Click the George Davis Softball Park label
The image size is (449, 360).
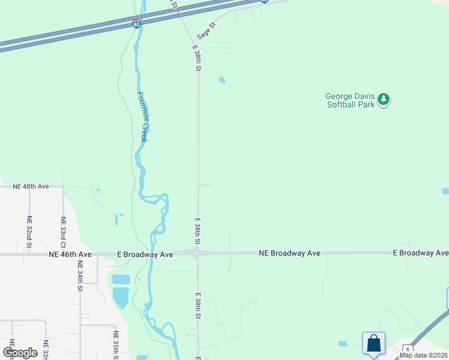(x=350, y=100)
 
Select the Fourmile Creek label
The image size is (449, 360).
(x=142, y=116)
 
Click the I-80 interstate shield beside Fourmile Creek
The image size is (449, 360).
(x=136, y=25)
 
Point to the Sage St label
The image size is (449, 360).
(x=205, y=32)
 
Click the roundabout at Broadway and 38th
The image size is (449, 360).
(x=197, y=254)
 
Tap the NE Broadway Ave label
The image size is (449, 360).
(x=289, y=253)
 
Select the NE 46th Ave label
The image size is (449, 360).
(x=70, y=254)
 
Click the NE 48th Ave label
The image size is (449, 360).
(x=31, y=187)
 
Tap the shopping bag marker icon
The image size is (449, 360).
(x=373, y=343)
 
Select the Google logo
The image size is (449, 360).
(x=20, y=353)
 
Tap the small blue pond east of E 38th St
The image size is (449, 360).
(x=221, y=80)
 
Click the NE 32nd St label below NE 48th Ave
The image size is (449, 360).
(x=29, y=232)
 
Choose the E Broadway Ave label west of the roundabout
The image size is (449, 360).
(x=145, y=254)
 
